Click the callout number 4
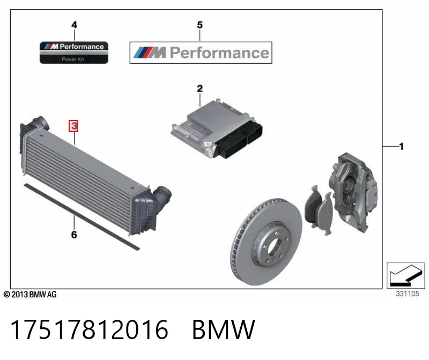pos(74,25)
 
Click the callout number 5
pos(199,25)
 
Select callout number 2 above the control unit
pos(199,88)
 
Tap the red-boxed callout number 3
pos(73,126)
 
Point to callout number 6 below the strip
pos(74,235)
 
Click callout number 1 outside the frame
pos(401,146)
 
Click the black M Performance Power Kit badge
pos(74,52)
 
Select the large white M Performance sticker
pos(201,52)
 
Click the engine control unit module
pos(217,129)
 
